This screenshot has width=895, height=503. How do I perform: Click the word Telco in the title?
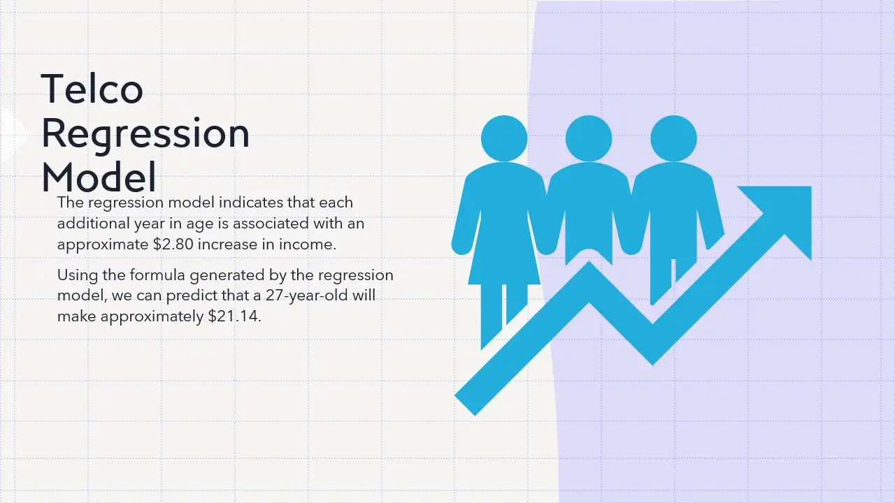click(92, 89)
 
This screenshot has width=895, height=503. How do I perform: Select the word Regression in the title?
click(145, 135)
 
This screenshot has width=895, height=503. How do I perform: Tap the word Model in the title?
click(99, 177)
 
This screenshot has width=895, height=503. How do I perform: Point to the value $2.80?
click(173, 245)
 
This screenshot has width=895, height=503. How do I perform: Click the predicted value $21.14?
click(234, 316)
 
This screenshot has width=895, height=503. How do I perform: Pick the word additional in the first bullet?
click(93, 223)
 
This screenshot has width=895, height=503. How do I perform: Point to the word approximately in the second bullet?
click(152, 316)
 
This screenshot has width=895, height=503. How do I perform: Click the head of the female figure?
click(504, 138)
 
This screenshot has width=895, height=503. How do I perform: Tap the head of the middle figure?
click(589, 138)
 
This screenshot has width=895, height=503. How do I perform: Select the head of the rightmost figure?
click(673, 138)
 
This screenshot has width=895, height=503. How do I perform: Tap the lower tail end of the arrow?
click(465, 404)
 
